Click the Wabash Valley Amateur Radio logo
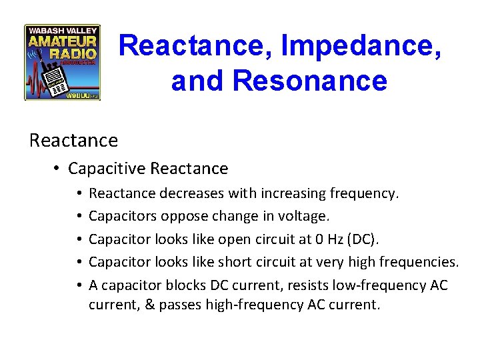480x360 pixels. click(62, 63)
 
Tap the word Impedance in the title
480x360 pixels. click(361, 46)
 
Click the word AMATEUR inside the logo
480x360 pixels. click(63, 42)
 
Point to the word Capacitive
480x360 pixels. click(107, 169)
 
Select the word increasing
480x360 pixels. click(294, 193)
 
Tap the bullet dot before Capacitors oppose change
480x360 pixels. click(79, 217)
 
